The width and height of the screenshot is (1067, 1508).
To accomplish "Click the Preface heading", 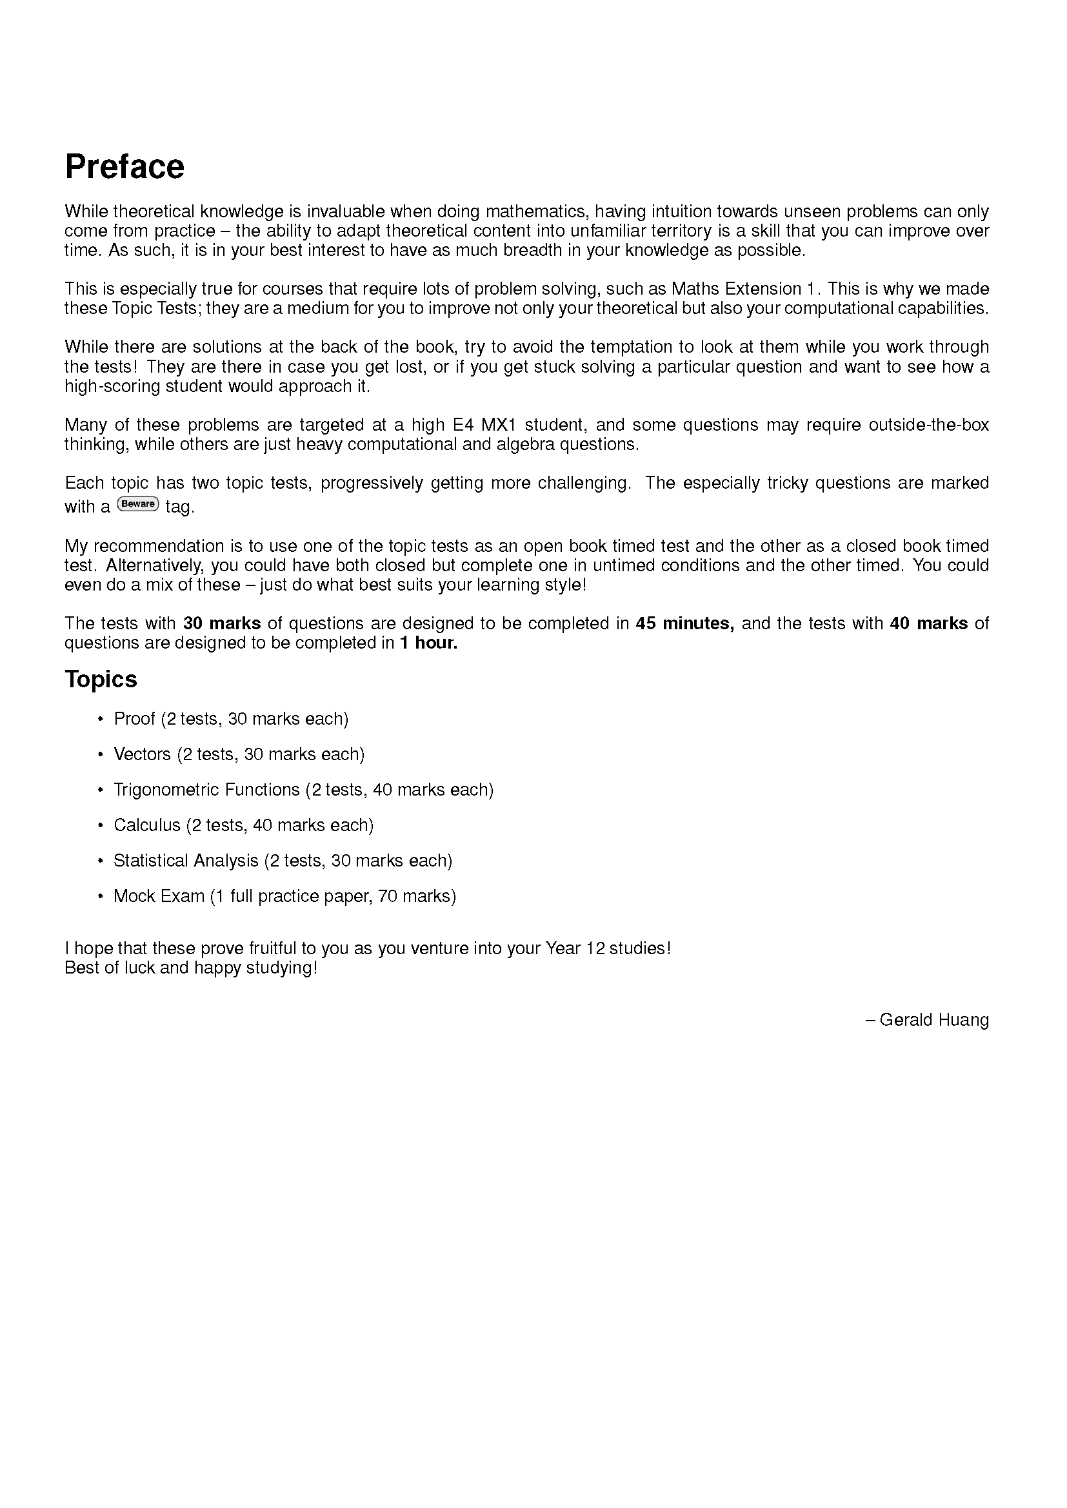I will click(x=125, y=167).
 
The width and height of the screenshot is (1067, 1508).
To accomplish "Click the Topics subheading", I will click(x=101, y=679).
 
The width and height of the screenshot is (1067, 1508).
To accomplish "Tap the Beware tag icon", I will click(x=137, y=504).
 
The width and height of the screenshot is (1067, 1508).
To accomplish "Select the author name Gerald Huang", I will click(x=933, y=1019).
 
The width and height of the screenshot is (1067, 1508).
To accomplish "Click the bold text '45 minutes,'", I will click(x=684, y=623).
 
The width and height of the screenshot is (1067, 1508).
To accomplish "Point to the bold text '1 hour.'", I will click(x=428, y=643).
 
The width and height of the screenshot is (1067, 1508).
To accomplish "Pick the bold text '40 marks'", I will click(x=928, y=623).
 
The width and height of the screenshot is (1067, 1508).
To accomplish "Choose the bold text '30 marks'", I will click(x=222, y=623).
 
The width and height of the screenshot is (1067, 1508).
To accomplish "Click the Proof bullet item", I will click(x=230, y=718).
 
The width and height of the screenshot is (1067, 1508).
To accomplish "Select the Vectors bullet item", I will click(x=239, y=754).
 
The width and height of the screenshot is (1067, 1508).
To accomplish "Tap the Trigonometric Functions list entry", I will click(x=303, y=790).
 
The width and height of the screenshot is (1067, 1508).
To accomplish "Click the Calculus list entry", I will click(x=243, y=825).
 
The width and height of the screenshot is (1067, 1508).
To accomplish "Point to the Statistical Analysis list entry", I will click(x=283, y=861).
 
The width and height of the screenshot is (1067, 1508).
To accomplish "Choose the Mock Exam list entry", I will click(x=284, y=896).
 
